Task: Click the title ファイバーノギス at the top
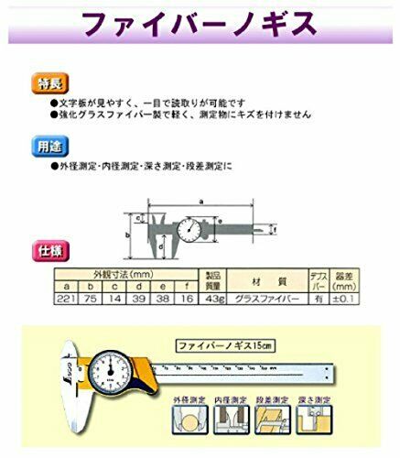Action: click(x=200, y=22)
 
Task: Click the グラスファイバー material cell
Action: click(x=277, y=298)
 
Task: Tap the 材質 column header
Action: click(x=277, y=279)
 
